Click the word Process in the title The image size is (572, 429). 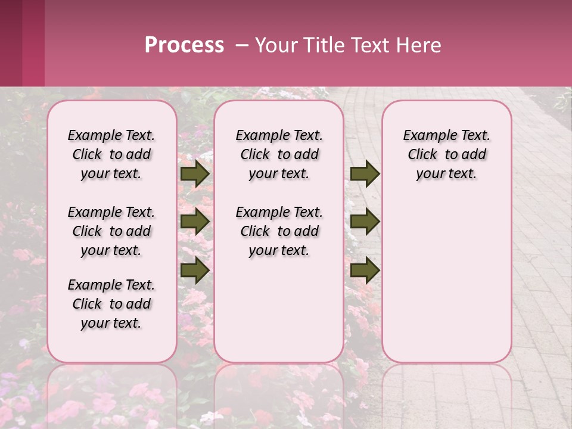pyautogui.click(x=184, y=45)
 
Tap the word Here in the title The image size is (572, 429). pyautogui.click(x=420, y=45)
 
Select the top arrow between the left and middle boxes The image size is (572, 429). pyautogui.click(x=195, y=174)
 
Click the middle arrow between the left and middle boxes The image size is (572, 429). pyautogui.click(x=195, y=222)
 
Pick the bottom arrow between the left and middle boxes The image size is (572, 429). pyautogui.click(x=195, y=271)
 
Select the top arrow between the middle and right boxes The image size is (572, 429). pyautogui.click(x=365, y=174)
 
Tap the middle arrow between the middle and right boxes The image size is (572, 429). pyautogui.click(x=365, y=222)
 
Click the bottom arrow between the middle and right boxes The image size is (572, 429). pyautogui.click(x=365, y=271)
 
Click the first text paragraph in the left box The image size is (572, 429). pyautogui.click(x=111, y=154)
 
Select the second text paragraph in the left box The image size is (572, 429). pyautogui.click(x=111, y=231)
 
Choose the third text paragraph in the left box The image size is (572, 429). pyautogui.click(x=111, y=304)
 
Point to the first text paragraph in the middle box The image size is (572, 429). pyautogui.click(x=279, y=154)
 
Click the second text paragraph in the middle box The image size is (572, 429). pyautogui.click(x=279, y=231)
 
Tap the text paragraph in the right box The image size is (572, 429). pyautogui.click(x=446, y=154)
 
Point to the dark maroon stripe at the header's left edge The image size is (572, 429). pyautogui.click(x=11, y=43)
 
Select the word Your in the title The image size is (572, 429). pyautogui.click(x=277, y=45)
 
